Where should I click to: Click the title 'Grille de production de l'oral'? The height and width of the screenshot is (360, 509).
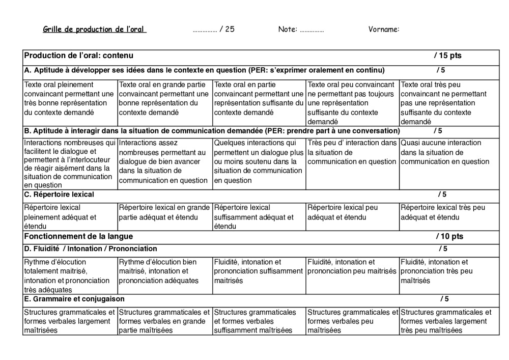tap(95, 30)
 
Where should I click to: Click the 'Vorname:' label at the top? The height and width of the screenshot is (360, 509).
tap(384, 30)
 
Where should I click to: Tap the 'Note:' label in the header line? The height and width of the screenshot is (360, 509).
tap(288, 30)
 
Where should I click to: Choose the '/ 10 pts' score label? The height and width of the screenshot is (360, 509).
tap(449, 237)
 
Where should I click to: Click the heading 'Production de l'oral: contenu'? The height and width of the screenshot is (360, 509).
tap(79, 56)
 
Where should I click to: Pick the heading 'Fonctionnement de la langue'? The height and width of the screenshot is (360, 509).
tap(78, 237)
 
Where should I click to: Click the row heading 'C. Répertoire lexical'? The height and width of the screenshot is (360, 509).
tap(59, 195)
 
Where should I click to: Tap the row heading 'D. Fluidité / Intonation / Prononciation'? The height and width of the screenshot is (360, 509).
tap(91, 249)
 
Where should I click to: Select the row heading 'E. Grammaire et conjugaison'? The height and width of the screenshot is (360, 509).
tap(74, 299)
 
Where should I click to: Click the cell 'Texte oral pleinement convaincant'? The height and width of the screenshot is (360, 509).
tap(70, 99)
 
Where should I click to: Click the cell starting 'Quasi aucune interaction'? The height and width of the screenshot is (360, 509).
tap(445, 153)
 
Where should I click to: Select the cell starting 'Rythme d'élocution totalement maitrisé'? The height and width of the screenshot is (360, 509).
tap(70, 276)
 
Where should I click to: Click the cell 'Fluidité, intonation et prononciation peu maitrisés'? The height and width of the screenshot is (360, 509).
tap(352, 267)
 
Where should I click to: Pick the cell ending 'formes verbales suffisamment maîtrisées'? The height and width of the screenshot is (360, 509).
tap(259, 321)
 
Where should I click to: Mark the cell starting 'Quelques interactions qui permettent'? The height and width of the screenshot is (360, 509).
tap(259, 162)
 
